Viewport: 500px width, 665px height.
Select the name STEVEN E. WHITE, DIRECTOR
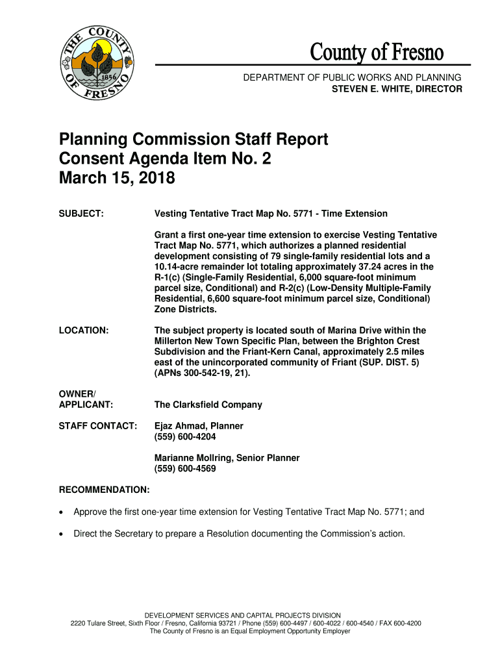(x=397, y=89)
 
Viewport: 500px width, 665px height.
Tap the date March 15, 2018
(x=117, y=178)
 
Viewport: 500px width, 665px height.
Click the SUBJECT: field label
(x=81, y=214)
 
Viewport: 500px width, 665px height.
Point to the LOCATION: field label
(x=84, y=331)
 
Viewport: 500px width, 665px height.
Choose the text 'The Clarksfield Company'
(x=208, y=405)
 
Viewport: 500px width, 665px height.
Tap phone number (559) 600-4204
(x=185, y=436)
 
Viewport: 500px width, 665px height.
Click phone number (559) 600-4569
(x=185, y=468)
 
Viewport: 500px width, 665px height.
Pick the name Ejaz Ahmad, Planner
(x=199, y=426)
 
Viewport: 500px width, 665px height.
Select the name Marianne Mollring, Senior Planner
(x=227, y=458)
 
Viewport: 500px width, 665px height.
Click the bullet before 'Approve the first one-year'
(x=62, y=512)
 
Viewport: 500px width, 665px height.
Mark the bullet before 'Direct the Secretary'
(x=62, y=534)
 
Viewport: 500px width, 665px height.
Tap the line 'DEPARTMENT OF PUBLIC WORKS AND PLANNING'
(x=353, y=78)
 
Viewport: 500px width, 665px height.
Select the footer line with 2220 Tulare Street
(x=246, y=623)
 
